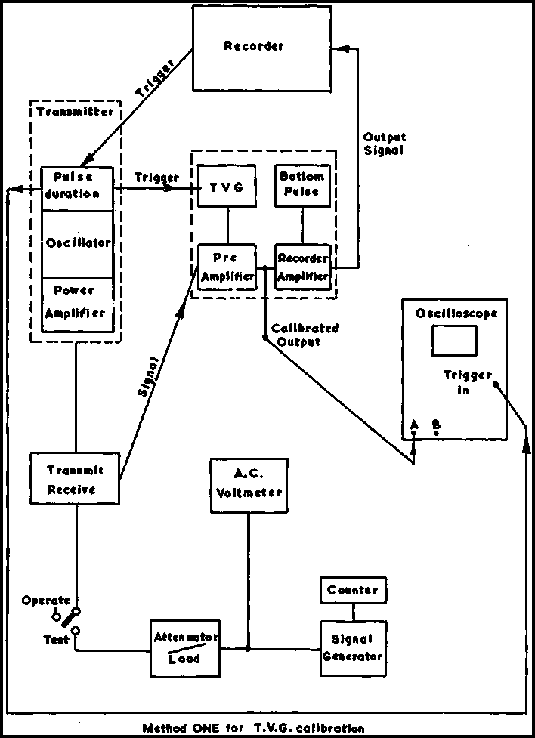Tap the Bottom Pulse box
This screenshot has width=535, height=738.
[x=302, y=185]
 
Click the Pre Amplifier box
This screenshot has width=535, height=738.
[x=227, y=267]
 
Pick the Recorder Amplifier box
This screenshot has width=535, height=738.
[x=302, y=267]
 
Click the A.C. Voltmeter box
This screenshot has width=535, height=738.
[x=249, y=485]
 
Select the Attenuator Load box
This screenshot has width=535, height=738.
[x=186, y=648]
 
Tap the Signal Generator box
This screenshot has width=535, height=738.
[x=352, y=648]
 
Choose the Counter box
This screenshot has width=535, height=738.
[x=352, y=590]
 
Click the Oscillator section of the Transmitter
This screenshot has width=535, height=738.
[x=77, y=244]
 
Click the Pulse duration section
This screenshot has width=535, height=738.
[x=77, y=185]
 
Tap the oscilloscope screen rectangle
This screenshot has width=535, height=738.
[x=453, y=341]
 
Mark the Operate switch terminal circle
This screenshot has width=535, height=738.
[x=56, y=616]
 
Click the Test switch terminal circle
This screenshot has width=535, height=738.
[x=75, y=630]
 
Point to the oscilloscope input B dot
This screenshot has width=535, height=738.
[x=436, y=433]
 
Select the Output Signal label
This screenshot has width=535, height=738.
[x=384, y=144]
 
